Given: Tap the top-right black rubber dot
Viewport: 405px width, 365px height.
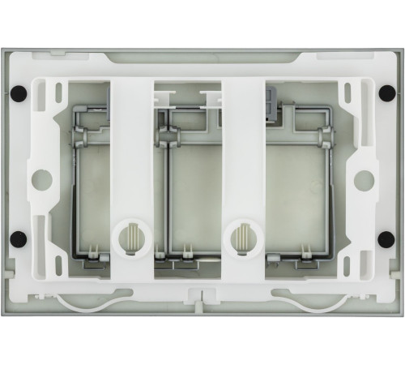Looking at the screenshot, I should [386, 92].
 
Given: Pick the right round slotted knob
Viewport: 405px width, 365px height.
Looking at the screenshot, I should [241, 238].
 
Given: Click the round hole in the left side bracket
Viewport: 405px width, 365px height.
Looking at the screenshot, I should [40, 179].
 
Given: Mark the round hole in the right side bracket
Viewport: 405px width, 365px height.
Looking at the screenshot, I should [364, 179].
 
